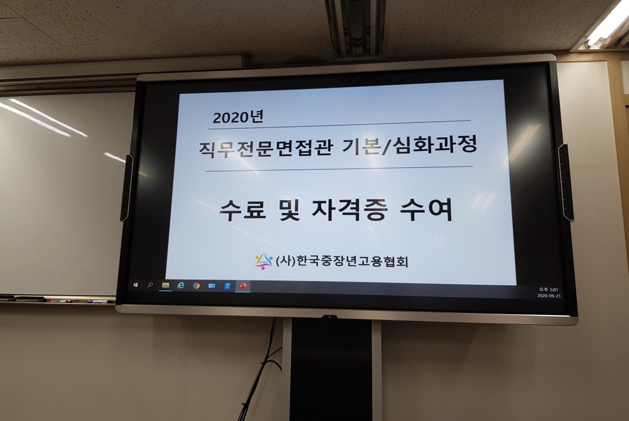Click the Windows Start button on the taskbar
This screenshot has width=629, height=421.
point(136,284)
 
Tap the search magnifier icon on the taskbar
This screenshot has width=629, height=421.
point(150,285)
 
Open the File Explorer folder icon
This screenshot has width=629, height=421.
point(165,285)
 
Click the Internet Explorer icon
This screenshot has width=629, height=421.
point(181,285)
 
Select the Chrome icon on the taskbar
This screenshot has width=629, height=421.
point(196,285)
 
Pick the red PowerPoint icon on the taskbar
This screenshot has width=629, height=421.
point(242,286)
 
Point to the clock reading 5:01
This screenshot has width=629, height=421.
point(548,289)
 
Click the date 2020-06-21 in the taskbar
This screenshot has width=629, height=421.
point(549,296)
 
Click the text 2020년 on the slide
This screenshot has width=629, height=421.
point(237,117)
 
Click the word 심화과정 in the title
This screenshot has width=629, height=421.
point(436,144)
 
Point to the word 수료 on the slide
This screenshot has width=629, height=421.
point(242,210)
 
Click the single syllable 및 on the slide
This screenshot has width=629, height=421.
point(289,210)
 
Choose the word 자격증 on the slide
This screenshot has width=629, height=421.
point(349,209)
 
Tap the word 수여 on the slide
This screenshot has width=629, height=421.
point(427,209)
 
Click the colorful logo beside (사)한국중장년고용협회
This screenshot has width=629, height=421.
point(263,261)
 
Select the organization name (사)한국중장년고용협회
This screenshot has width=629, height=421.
point(342,261)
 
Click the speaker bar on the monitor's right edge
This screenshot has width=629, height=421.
point(566,182)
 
